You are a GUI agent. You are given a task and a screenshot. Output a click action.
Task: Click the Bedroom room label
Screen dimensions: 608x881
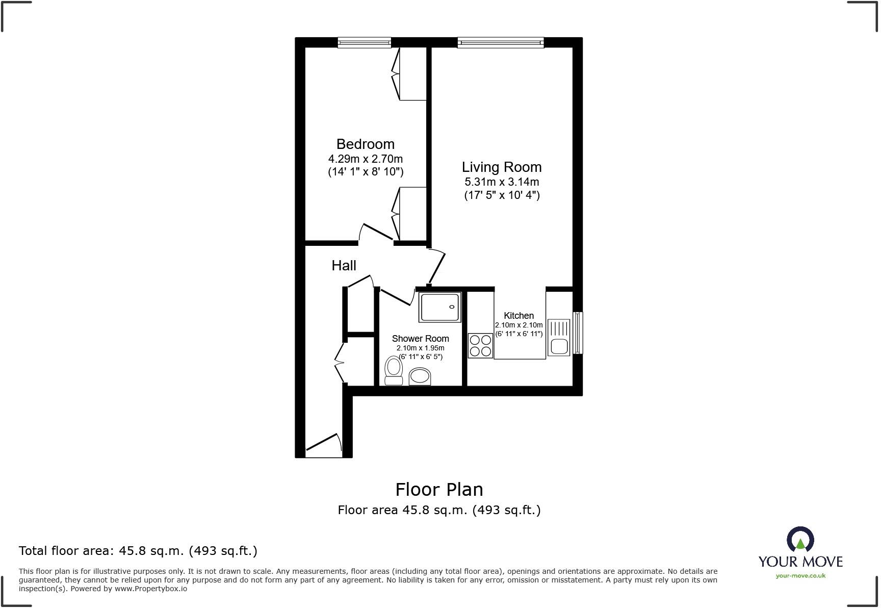point(365,144)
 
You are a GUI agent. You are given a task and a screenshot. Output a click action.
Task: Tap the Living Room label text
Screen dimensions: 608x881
point(501,167)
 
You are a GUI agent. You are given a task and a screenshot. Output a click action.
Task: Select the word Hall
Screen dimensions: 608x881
point(344,265)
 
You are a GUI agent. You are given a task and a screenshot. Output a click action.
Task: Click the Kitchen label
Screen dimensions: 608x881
point(519,316)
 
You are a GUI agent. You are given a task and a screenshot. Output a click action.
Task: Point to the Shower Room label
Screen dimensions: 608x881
point(420,339)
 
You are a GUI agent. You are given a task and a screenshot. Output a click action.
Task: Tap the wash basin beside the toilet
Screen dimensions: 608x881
point(420,377)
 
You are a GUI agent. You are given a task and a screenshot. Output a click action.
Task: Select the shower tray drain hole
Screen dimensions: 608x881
point(451,307)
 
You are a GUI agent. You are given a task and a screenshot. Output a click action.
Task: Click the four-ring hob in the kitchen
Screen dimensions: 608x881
point(480,345)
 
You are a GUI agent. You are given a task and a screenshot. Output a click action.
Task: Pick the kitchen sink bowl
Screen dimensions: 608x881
point(558,347)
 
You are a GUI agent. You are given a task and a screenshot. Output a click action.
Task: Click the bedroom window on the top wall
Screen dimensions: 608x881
point(364,43)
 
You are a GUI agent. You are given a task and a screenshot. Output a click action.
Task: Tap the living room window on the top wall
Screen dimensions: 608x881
point(500,43)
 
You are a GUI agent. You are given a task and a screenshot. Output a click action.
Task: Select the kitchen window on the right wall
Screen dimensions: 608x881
point(578,333)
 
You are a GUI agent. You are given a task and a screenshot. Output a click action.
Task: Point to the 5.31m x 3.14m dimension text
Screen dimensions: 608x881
point(501,182)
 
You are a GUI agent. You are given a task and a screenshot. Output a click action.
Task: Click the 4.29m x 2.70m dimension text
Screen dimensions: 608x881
point(365,159)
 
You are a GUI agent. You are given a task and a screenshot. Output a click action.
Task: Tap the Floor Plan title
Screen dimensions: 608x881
point(439,490)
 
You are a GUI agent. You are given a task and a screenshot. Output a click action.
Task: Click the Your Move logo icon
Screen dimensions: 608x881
point(800,540)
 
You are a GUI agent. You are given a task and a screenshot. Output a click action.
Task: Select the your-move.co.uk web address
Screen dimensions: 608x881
point(800,576)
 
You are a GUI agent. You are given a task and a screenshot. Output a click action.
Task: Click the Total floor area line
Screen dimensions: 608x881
point(138,551)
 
